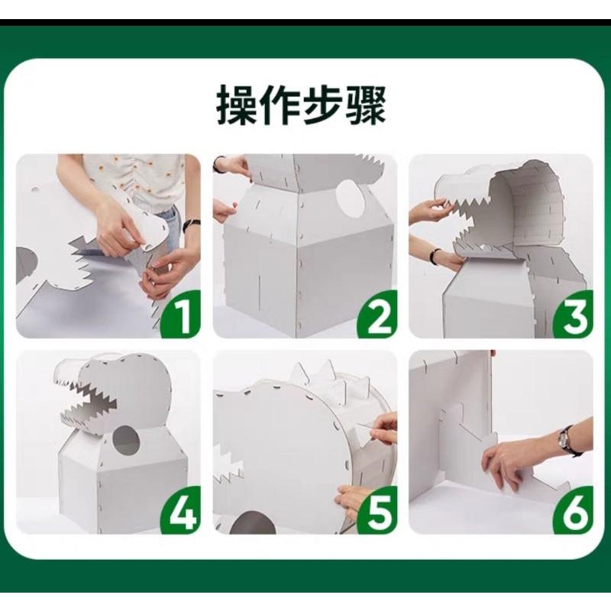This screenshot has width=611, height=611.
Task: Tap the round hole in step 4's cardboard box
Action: pos(127,442)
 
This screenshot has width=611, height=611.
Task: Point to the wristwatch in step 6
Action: pos(565,440)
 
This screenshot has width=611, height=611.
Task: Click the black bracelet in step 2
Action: pos(218,163)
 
